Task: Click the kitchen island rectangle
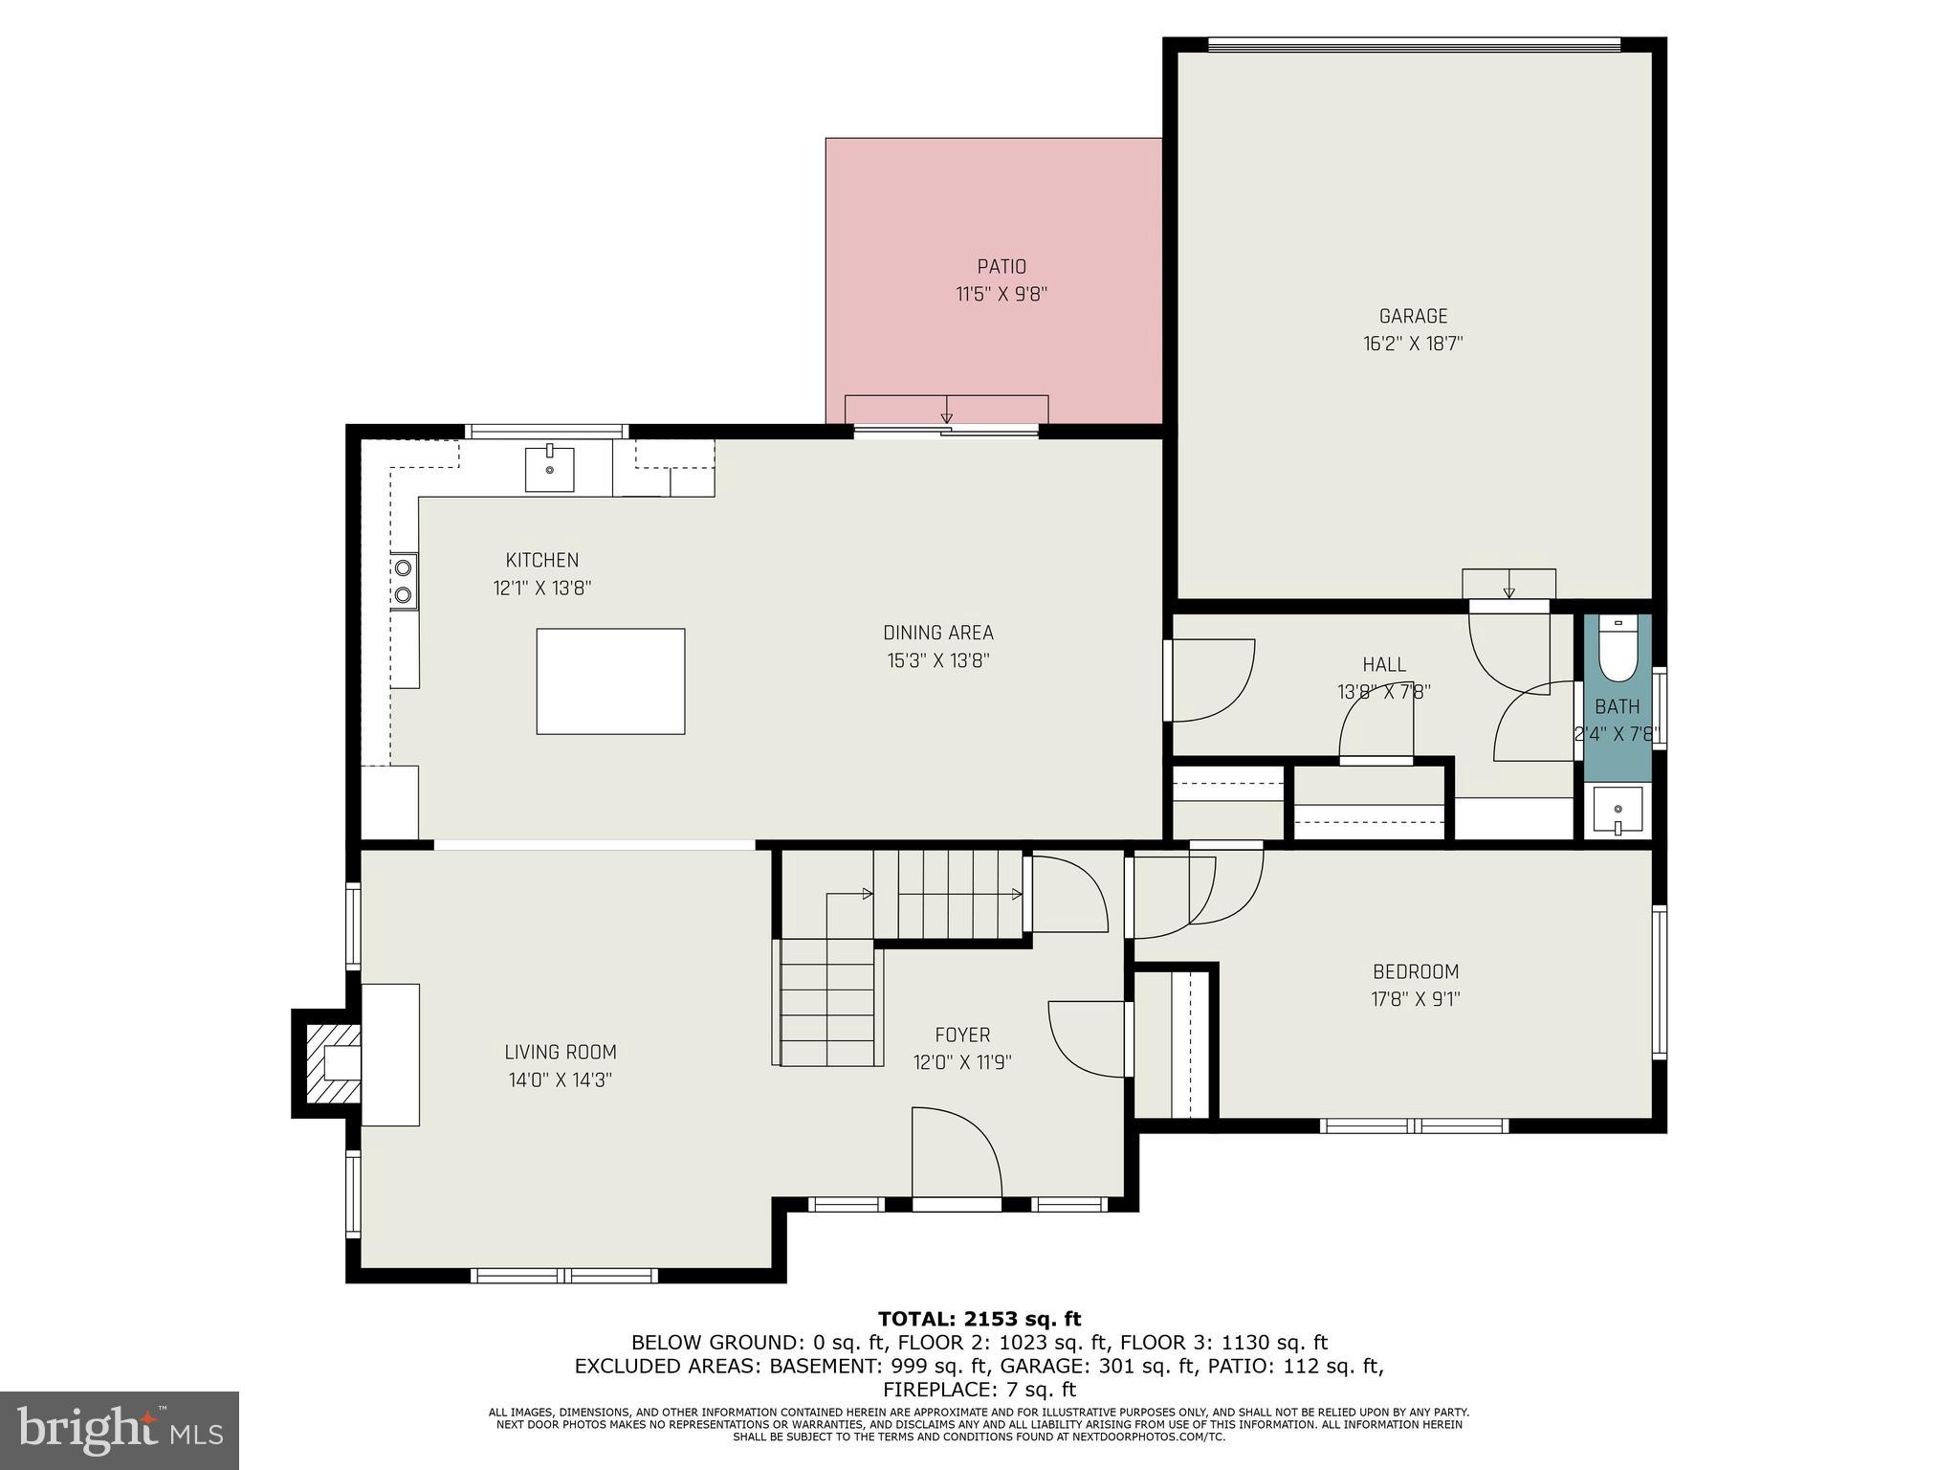[610, 681]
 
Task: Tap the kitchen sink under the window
[549, 469]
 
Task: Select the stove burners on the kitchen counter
[404, 582]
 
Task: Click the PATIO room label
[1002, 267]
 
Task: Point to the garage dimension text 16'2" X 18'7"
[1413, 344]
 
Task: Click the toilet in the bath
[1618, 650]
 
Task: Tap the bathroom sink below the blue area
[1618, 810]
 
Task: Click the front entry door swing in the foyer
[956, 1152]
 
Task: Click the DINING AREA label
[937, 633]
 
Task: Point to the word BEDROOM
[1416, 972]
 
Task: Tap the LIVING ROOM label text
[561, 1053]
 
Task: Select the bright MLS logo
[120, 1431]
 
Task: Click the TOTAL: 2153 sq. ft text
[979, 1320]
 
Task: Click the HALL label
[1384, 664]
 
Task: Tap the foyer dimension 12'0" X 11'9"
[962, 1062]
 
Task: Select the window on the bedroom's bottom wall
[1414, 1125]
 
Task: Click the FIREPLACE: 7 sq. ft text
[979, 1390]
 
